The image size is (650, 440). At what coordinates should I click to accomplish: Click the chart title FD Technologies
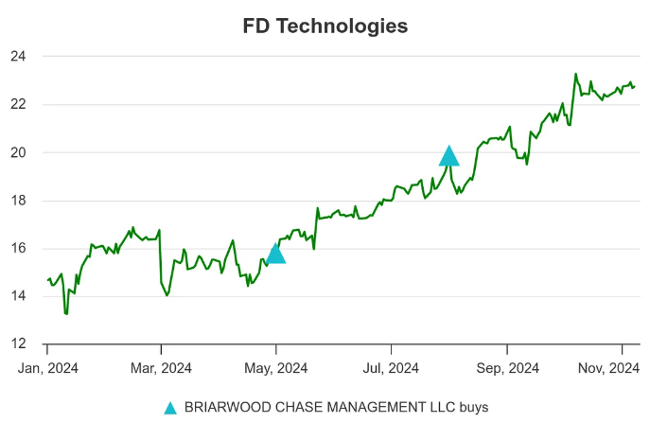[325, 26]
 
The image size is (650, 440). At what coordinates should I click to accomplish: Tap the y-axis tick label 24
[18, 57]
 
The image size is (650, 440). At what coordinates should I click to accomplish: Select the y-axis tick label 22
[18, 104]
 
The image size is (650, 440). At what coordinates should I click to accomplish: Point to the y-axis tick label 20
[18, 152]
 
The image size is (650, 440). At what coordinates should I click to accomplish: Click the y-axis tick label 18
[18, 201]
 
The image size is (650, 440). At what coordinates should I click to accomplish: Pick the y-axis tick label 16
[18, 249]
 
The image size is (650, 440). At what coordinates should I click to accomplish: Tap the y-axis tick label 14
[18, 296]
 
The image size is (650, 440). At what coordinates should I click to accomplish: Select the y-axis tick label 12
[18, 344]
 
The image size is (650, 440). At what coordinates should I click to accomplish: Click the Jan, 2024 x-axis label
[47, 367]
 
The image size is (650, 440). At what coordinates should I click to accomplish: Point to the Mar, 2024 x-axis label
[161, 367]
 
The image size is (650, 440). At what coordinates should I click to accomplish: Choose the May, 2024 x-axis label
[275, 367]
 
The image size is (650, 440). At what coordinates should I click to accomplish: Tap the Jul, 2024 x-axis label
[390, 367]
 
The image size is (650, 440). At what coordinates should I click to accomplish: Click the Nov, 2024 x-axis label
[621, 367]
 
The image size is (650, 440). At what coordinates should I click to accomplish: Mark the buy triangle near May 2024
[275, 254]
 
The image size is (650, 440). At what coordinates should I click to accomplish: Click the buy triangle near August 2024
[449, 157]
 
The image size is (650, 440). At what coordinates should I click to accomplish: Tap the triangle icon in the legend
[170, 408]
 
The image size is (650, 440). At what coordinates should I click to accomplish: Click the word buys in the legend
[472, 408]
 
